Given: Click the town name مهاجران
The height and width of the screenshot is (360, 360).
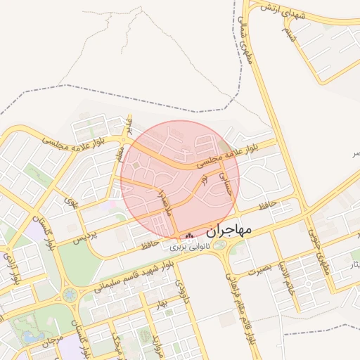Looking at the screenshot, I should [x=229, y=230].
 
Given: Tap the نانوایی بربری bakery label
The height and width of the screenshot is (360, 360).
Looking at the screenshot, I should [x=191, y=246].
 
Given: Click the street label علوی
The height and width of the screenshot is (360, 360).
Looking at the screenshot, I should [x=70, y=202].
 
